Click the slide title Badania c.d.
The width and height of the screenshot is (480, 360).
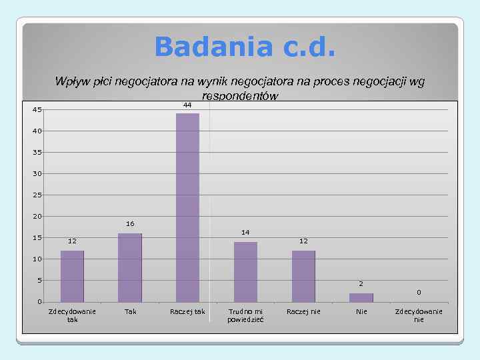(245, 47)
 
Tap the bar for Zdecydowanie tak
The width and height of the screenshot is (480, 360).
(72, 276)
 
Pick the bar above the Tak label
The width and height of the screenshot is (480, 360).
(130, 267)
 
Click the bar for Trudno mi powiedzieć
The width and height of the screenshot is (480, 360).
(245, 271)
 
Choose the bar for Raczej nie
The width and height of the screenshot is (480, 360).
(303, 276)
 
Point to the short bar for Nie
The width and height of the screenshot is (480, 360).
(361, 297)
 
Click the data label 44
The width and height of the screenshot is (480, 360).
(187, 105)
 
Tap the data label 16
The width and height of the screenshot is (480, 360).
(130, 223)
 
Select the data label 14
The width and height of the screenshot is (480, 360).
(245, 232)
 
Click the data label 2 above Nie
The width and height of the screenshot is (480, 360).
(361, 284)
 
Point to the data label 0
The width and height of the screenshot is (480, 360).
(419, 292)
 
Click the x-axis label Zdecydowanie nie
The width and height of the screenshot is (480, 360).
(419, 315)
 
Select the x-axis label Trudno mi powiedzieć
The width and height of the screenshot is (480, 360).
(245, 315)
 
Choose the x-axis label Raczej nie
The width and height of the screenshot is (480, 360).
(303, 311)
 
